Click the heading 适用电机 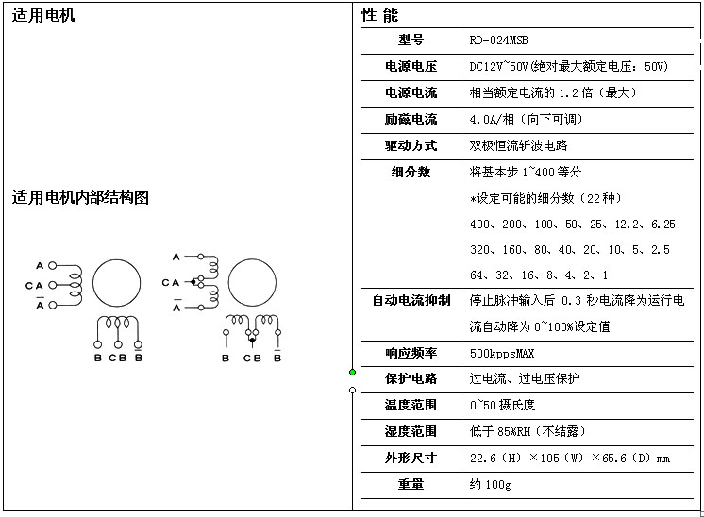(x=43, y=15)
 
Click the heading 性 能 (x=380, y=15)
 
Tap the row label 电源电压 (x=411, y=67)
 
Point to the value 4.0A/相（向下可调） (x=526, y=119)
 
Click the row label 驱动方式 (x=411, y=145)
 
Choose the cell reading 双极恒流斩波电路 (x=518, y=145)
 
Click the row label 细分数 (x=411, y=172)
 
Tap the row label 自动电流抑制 (x=411, y=301)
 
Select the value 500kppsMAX (x=501, y=353)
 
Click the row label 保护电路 (x=411, y=378)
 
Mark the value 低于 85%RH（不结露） (x=527, y=431)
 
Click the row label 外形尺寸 (x=411, y=458)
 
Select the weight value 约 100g (x=490, y=484)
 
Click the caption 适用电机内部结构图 (x=80, y=197)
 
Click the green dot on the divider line (x=352, y=372)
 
